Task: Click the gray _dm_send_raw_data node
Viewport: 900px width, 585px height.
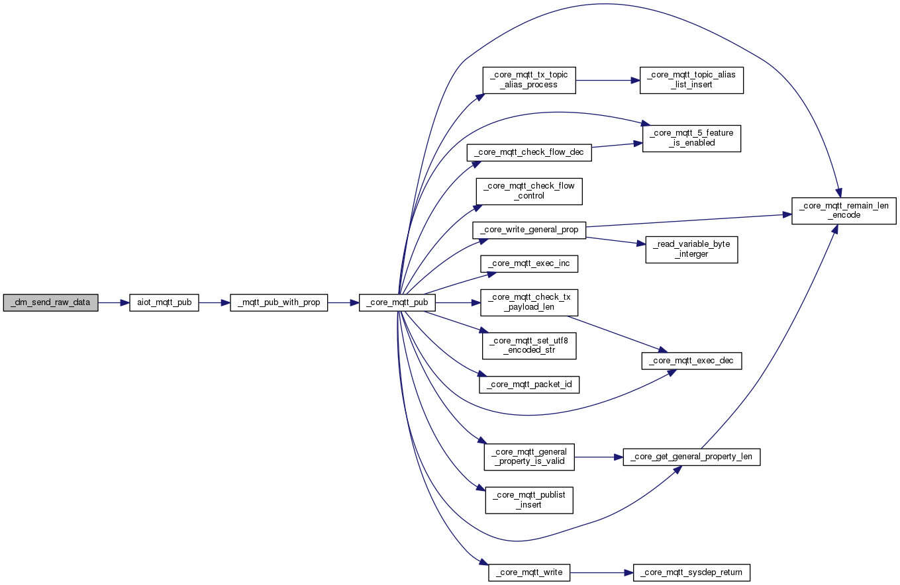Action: [x=50, y=302]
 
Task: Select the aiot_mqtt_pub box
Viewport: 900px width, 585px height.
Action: [x=164, y=302]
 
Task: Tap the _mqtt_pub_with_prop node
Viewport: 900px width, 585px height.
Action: [x=278, y=302]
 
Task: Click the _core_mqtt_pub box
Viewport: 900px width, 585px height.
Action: [x=397, y=302]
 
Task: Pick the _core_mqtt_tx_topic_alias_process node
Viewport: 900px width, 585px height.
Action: [x=528, y=80]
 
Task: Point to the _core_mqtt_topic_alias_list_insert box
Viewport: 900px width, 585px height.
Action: [x=691, y=80]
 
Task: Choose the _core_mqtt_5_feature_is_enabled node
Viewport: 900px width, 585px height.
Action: [x=691, y=138]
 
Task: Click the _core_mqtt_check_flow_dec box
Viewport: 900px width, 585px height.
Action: [x=528, y=152]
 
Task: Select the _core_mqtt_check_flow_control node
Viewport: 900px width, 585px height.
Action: [x=528, y=191]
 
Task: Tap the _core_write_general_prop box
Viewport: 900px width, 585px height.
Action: [x=528, y=230]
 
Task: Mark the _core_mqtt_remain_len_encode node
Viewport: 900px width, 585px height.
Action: [x=844, y=210]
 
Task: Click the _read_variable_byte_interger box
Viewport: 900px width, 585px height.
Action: [x=691, y=249]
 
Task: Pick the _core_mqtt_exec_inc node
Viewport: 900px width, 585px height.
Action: [x=528, y=263]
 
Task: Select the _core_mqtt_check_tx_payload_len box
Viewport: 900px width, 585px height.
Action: [x=528, y=302]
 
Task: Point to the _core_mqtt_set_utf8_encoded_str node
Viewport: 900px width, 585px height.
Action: [x=528, y=345]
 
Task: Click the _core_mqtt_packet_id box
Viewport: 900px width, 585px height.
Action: [x=528, y=384]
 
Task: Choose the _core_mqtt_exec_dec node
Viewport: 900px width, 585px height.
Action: [x=691, y=361]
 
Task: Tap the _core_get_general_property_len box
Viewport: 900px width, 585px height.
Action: [x=691, y=457]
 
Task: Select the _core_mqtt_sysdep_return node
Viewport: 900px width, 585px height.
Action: [x=691, y=572]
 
